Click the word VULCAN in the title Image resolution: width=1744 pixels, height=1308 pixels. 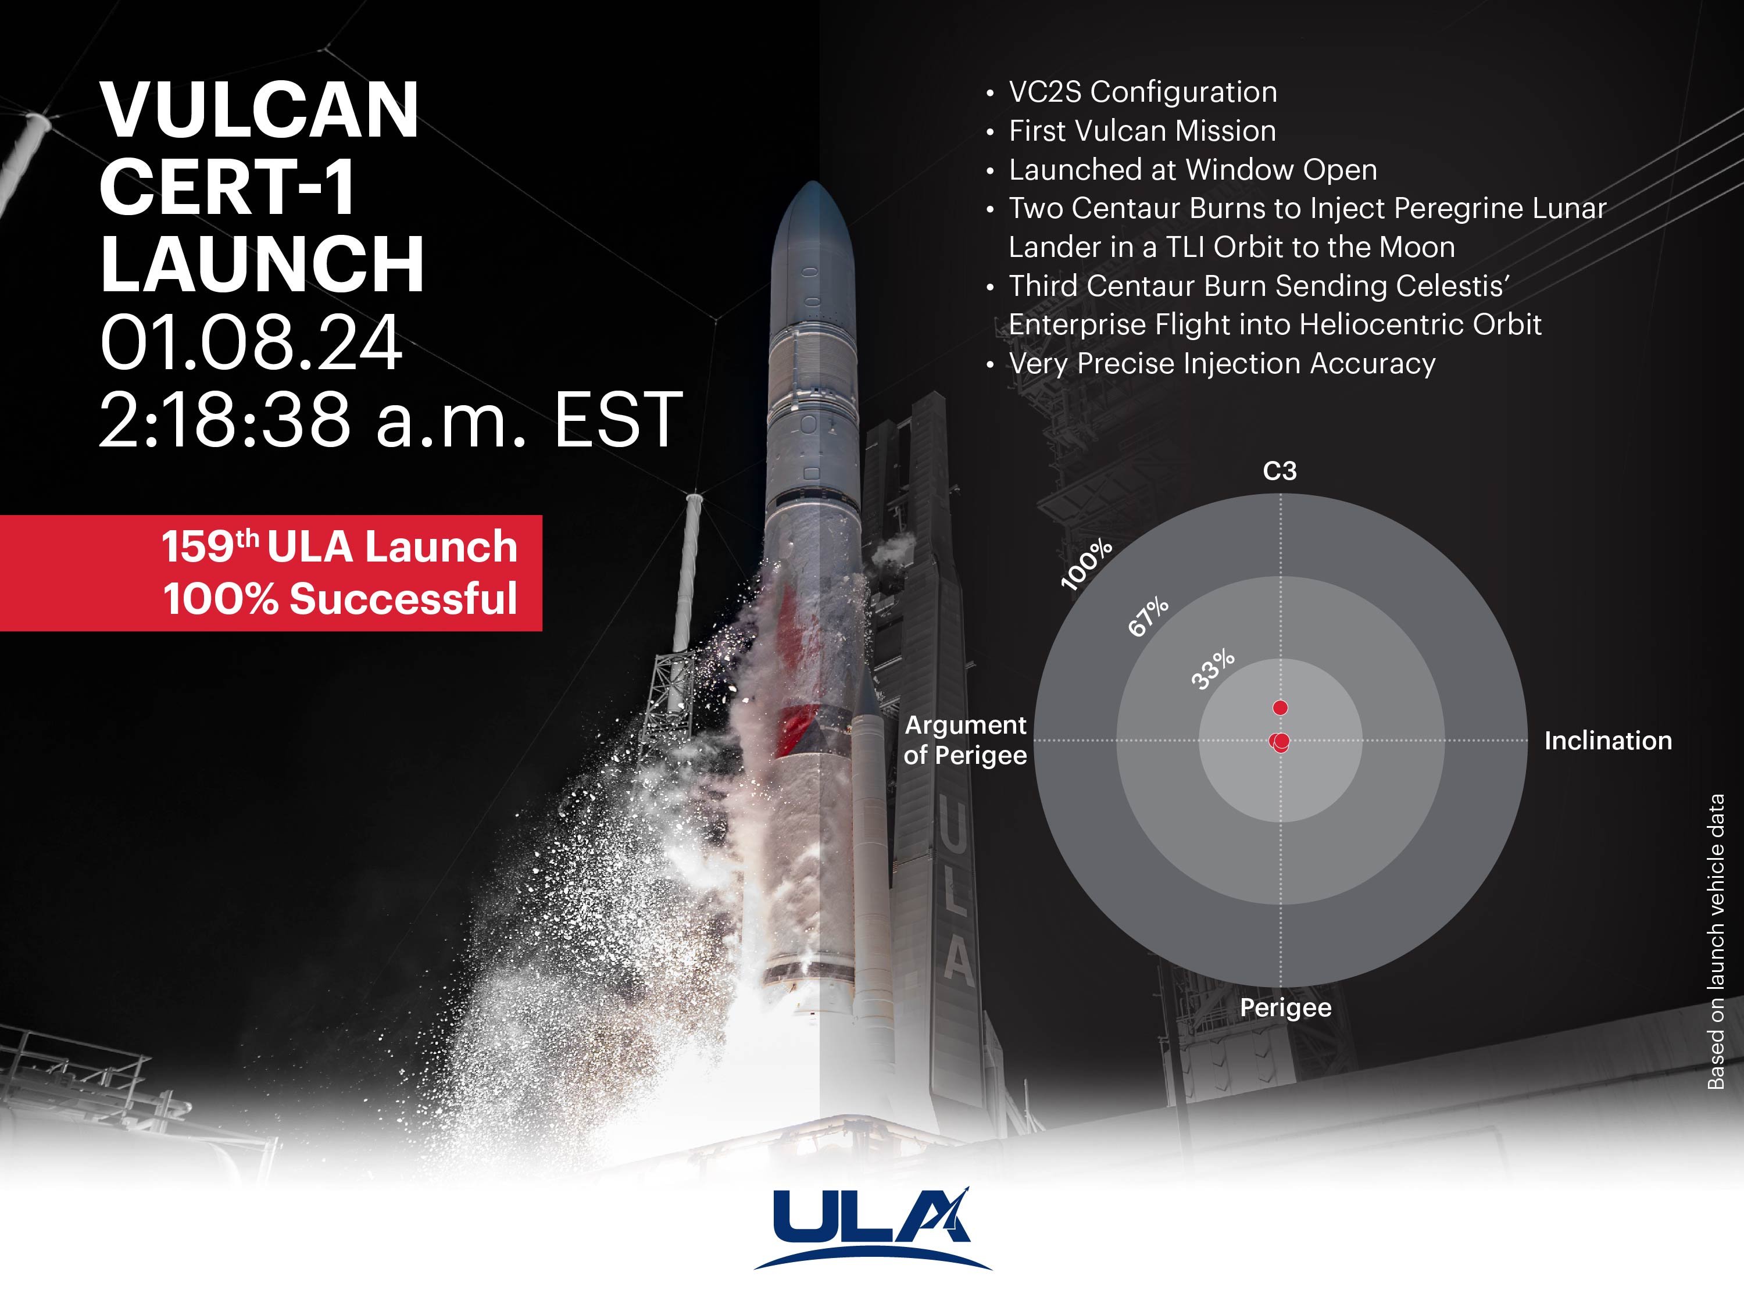click(259, 110)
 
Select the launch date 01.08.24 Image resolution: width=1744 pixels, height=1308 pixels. click(251, 343)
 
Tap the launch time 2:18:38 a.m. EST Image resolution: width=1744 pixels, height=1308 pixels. click(389, 420)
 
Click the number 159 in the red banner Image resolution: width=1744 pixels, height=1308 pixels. click(197, 546)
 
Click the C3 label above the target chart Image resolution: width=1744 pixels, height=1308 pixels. click(1279, 471)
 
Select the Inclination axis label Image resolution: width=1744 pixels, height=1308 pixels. click(1607, 741)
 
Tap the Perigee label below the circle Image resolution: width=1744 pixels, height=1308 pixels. click(1285, 1007)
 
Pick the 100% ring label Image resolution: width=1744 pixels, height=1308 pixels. click(1087, 564)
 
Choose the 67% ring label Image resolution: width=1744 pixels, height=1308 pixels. click(1148, 617)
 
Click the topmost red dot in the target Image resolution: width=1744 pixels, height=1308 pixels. click(1281, 707)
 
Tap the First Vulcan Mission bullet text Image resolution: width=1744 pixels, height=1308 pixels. click(1142, 131)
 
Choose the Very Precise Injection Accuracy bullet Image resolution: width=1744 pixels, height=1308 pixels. click(1221, 363)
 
